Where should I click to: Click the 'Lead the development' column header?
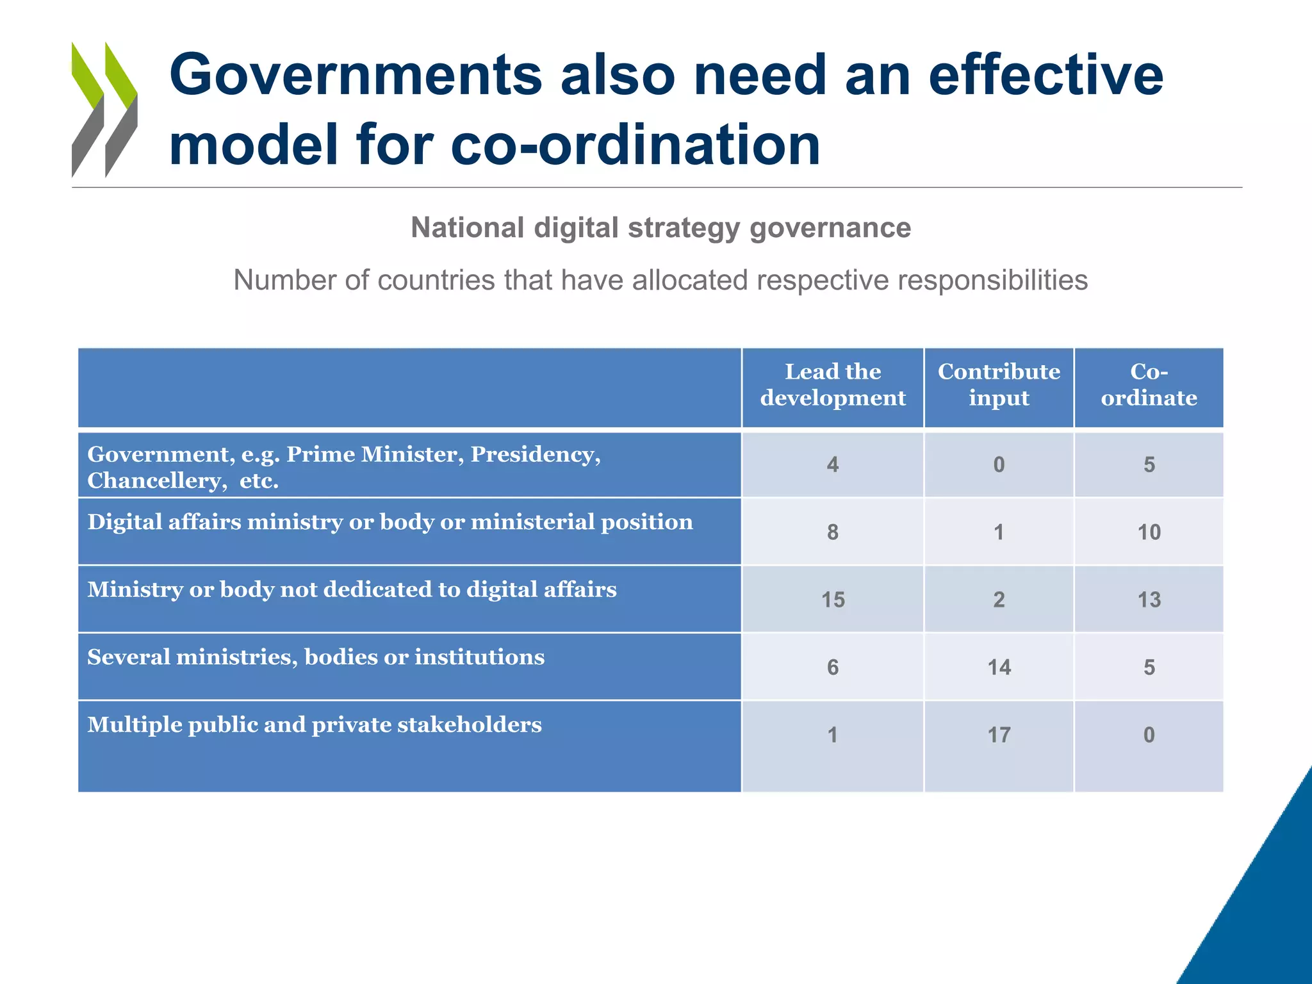pos(832,385)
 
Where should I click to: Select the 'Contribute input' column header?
pos(998,385)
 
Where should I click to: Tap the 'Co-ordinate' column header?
pos(1149,385)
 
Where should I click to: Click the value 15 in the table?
pos(833,600)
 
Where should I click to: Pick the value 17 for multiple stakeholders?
pos(999,735)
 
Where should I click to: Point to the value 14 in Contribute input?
pos(999,668)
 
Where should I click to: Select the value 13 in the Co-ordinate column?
pos(1149,600)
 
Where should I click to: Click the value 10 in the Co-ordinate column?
pos(1149,532)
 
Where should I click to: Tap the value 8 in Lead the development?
pos(832,532)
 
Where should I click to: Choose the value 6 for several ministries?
pos(832,668)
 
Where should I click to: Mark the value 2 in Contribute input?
pos(999,600)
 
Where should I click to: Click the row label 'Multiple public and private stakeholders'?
pos(315,725)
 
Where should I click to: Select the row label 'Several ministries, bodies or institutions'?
pos(316,657)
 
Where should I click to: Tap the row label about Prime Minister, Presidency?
pos(344,467)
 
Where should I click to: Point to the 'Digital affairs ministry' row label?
pos(390,522)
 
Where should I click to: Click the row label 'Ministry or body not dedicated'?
pos(352,589)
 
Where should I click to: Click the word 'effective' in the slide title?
pos(1045,76)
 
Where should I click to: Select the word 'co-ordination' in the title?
pos(635,145)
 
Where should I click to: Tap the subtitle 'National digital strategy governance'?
pos(660,227)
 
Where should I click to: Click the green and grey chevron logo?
pos(104,110)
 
